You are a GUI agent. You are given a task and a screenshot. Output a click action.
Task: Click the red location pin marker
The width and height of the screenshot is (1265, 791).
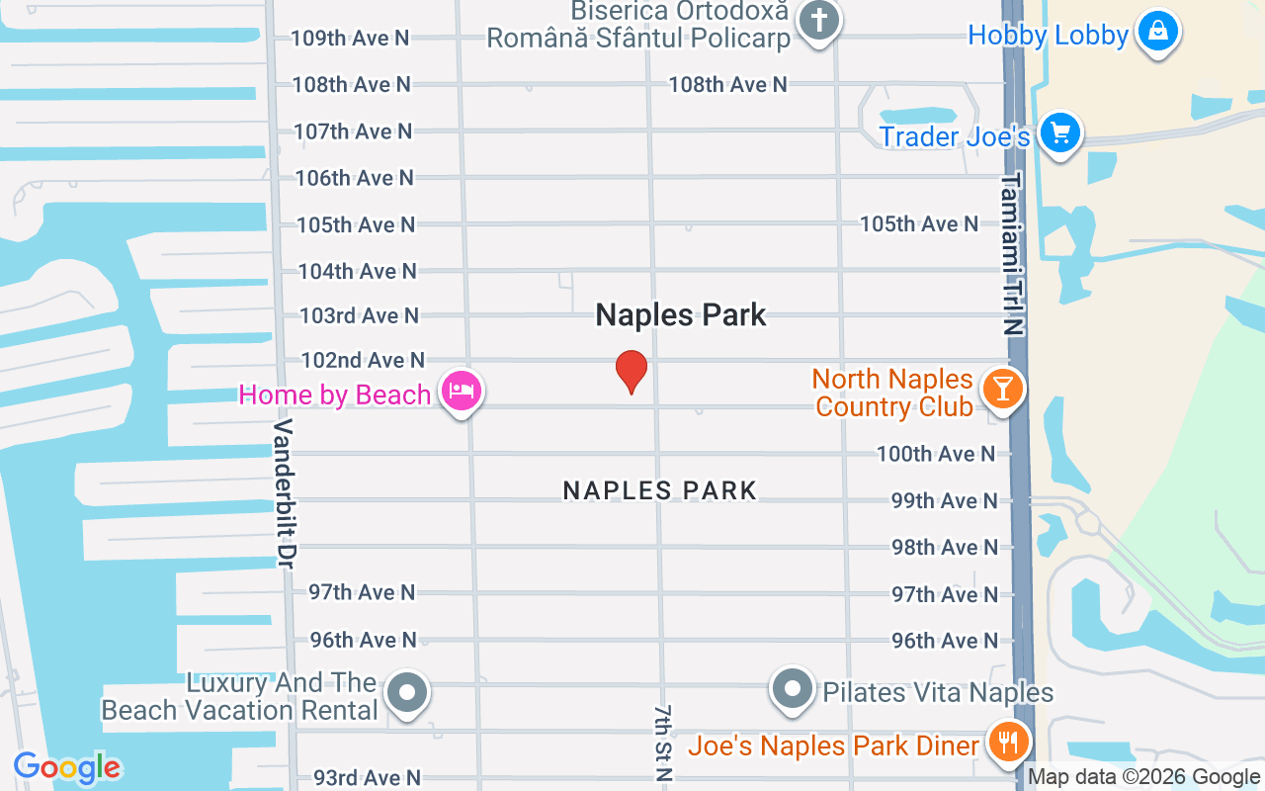click(632, 371)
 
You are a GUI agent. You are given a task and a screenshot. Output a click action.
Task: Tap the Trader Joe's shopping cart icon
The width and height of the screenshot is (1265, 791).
click(1060, 132)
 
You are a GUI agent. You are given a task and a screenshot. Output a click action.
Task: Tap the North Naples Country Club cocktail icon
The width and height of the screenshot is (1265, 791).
click(1002, 388)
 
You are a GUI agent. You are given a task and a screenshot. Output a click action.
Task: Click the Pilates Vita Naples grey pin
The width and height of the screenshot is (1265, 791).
click(792, 689)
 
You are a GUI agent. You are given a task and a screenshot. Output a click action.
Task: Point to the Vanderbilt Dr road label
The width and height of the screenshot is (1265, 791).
click(284, 492)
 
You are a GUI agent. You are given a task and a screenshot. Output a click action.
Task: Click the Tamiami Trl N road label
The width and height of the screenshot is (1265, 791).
click(1012, 254)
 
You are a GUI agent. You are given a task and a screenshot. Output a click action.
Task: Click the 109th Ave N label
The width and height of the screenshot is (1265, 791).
click(350, 39)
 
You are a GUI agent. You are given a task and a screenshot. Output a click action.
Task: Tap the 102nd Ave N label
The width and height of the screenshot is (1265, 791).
click(363, 360)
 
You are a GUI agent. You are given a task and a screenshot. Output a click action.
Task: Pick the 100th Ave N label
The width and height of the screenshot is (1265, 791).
click(936, 454)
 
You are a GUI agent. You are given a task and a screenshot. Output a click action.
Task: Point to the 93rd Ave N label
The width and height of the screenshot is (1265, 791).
click(367, 778)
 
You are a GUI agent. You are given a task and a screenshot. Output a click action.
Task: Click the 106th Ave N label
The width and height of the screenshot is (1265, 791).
click(355, 178)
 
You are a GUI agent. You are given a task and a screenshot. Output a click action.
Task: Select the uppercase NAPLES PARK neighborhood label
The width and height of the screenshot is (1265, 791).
click(659, 490)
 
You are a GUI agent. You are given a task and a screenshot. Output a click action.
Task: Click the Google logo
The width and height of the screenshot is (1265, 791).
click(66, 767)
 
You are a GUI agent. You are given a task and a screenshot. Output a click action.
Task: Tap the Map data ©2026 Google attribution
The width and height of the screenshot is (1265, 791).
click(1144, 777)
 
